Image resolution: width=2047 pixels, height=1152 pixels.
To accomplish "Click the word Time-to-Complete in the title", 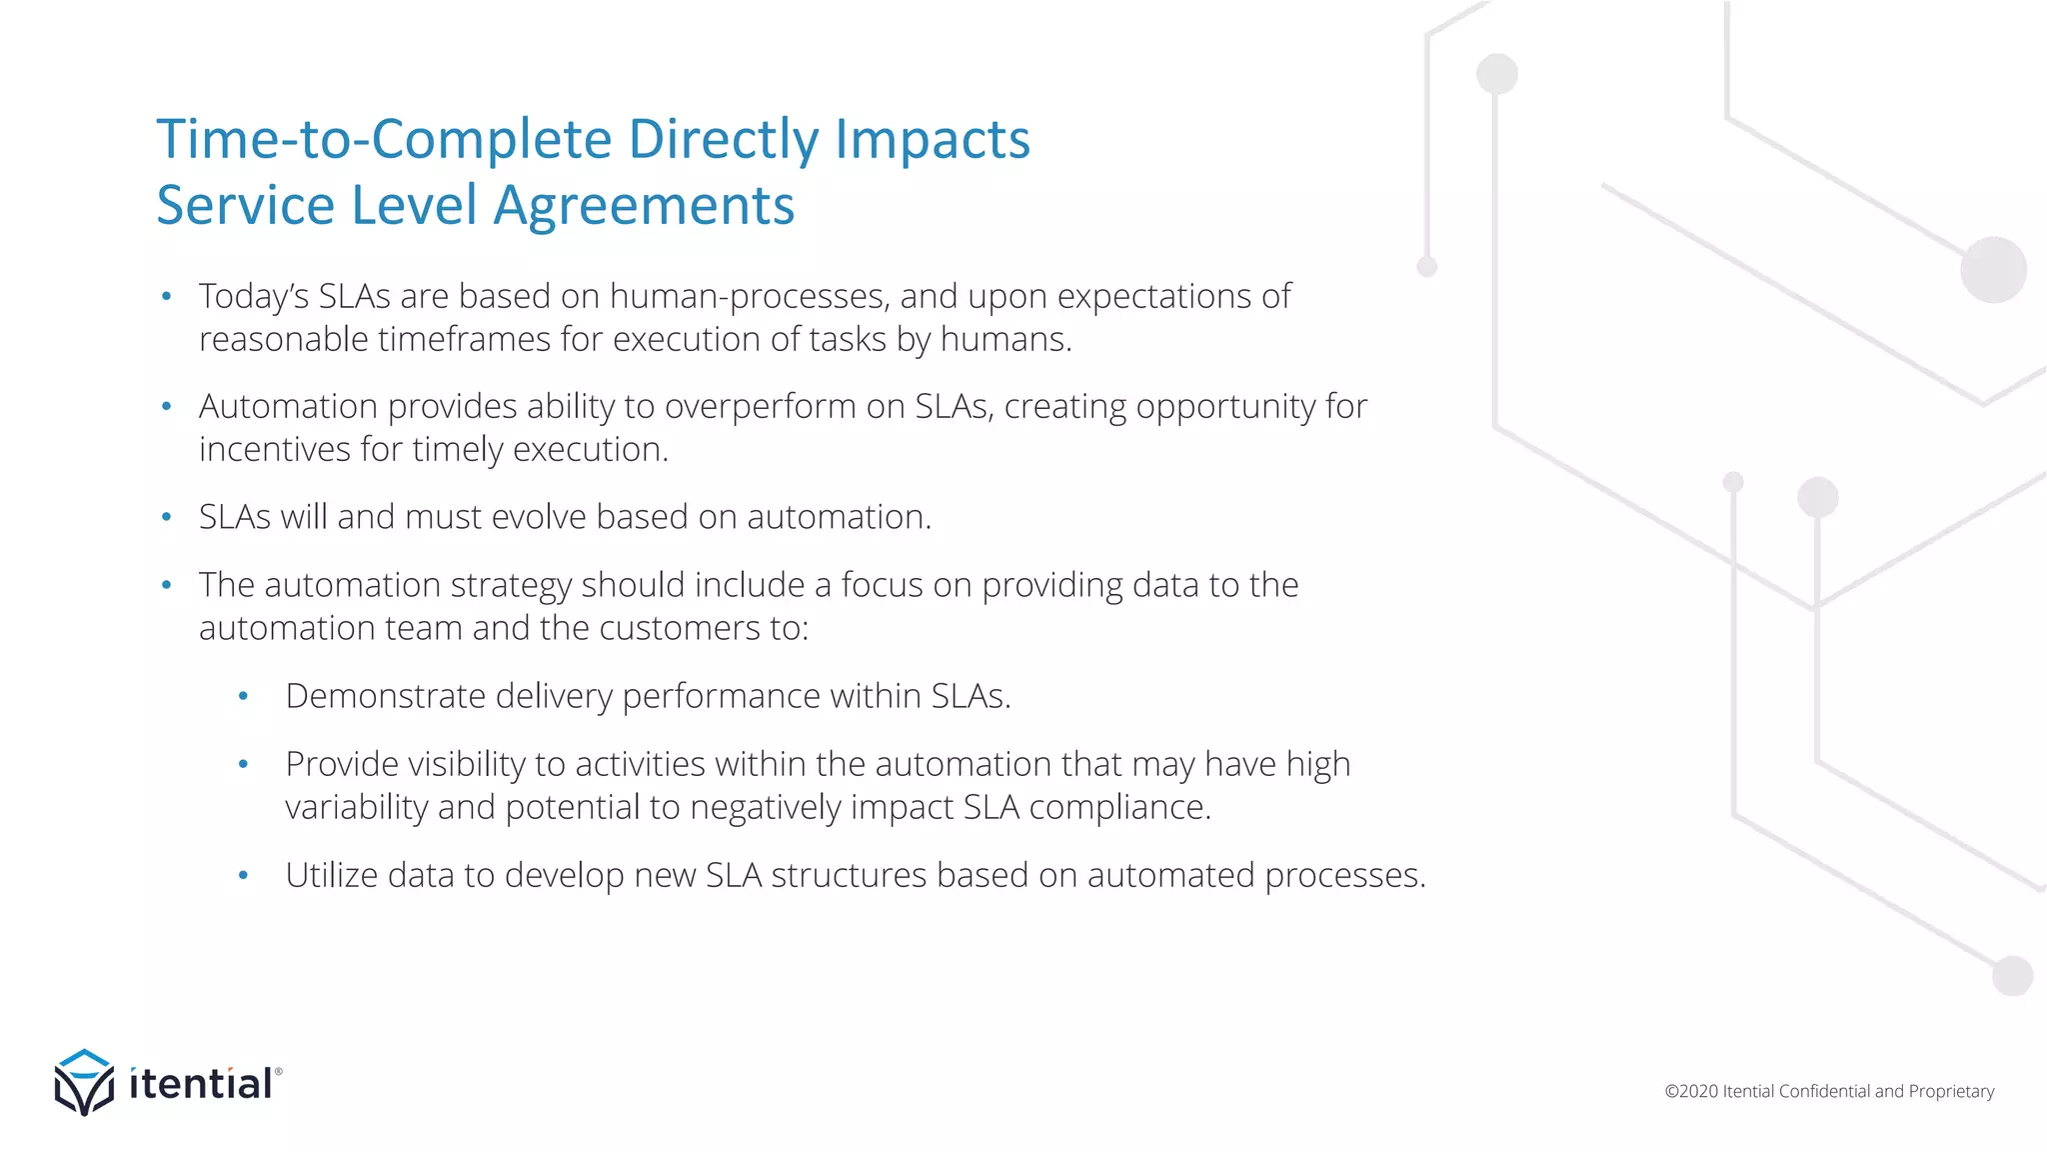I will [x=384, y=138].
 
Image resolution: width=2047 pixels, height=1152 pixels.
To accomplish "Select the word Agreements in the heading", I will [x=644, y=206].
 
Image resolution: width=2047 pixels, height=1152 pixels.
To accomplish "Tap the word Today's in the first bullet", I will [x=253, y=297].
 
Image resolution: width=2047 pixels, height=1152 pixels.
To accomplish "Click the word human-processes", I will [x=747, y=297].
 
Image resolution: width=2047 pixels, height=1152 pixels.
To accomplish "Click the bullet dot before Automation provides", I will [x=167, y=407].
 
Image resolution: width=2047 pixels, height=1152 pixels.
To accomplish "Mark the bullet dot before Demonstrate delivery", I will [x=243, y=696].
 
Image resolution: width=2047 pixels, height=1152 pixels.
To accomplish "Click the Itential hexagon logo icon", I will [x=84, y=1083].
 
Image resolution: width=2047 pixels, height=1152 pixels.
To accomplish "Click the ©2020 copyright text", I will [x=1690, y=1091].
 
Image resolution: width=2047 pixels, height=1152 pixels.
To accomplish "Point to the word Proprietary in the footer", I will [x=1951, y=1091].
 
